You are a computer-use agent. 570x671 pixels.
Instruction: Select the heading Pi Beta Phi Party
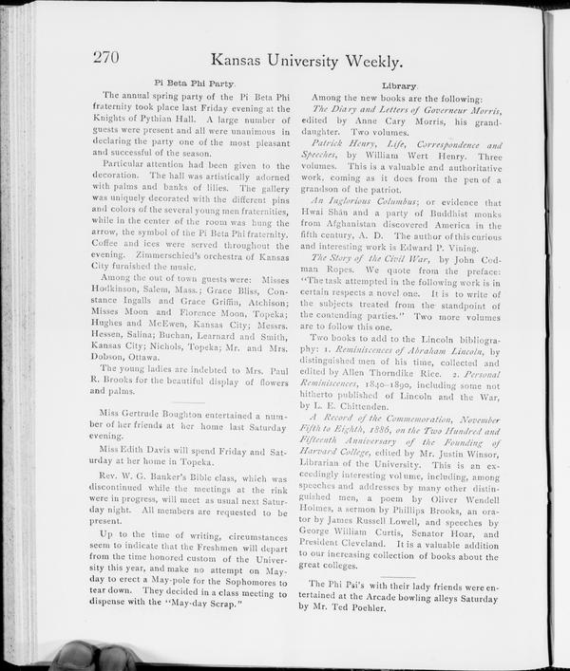194,84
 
